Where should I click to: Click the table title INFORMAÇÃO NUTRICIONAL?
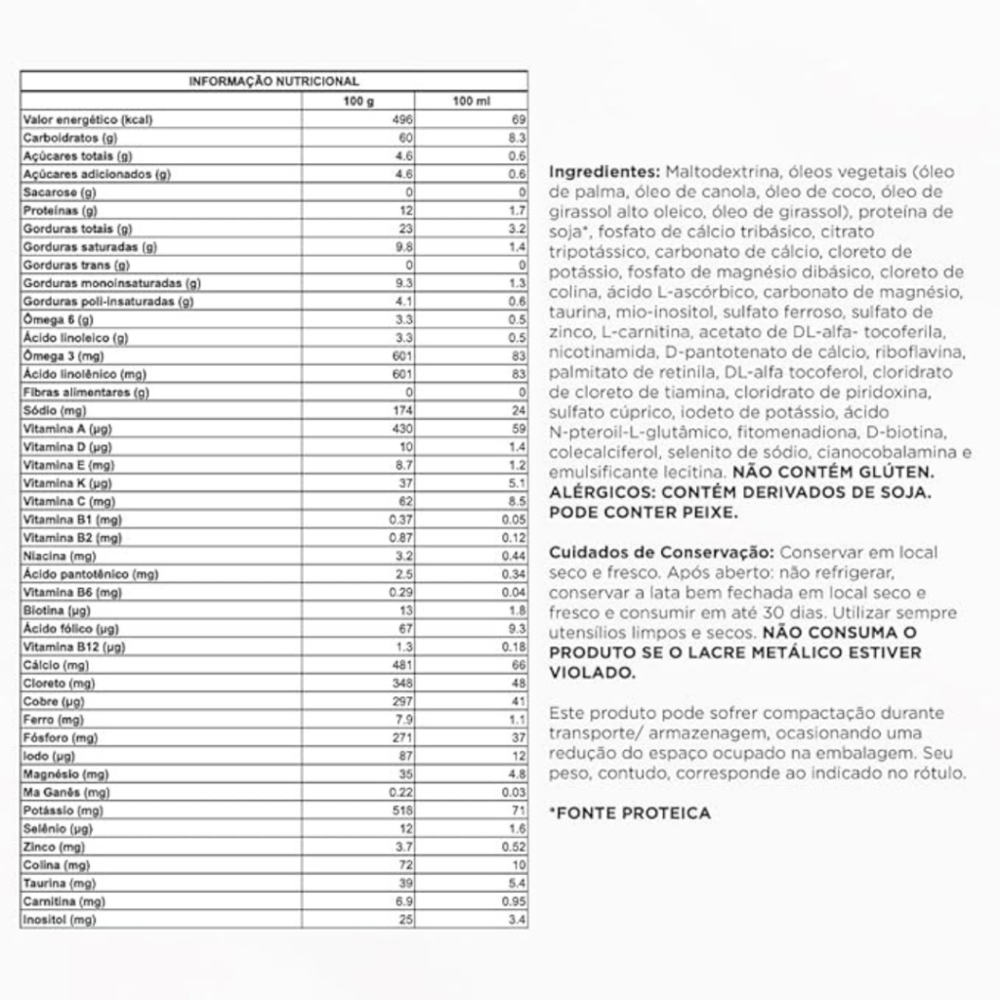click(273, 82)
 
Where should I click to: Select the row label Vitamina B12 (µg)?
click(74, 646)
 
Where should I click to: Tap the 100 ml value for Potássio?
click(520, 811)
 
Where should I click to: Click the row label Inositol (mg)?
click(59, 920)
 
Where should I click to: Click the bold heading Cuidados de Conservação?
click(661, 552)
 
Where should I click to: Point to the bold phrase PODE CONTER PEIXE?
click(643, 513)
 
